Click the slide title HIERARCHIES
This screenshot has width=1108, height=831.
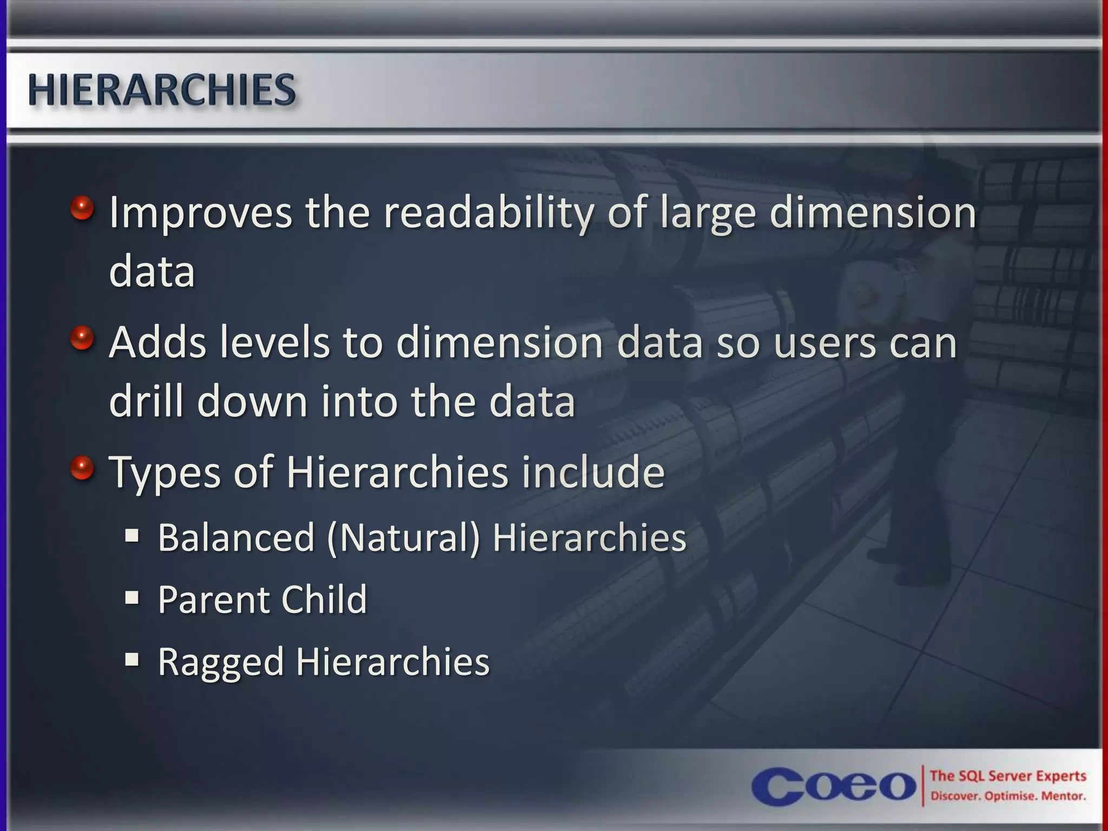(x=162, y=90)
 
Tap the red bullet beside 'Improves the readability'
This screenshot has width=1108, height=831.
(x=82, y=207)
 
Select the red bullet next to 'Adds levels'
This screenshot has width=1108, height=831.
(x=82, y=338)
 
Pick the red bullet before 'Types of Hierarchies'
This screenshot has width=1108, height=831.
(x=82, y=467)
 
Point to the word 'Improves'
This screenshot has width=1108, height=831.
(x=201, y=213)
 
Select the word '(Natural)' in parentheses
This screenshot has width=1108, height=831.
(x=404, y=538)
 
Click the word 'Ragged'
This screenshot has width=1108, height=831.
(x=221, y=662)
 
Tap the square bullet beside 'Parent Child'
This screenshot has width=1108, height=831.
(x=132, y=598)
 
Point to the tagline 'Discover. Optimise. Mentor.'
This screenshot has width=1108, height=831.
(x=1008, y=796)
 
